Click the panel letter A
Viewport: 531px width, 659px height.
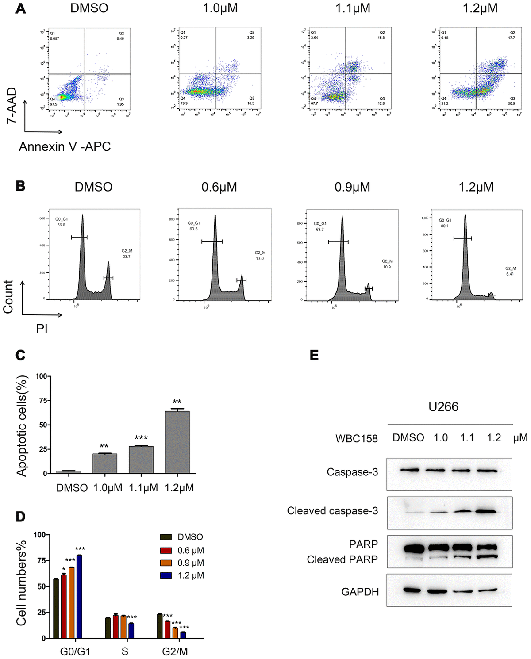pos(20,8)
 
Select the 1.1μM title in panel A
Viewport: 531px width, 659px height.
pos(352,8)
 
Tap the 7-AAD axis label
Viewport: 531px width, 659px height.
pos(12,105)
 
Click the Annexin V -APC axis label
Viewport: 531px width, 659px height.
pos(65,147)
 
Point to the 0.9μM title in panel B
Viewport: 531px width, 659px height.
pos(352,187)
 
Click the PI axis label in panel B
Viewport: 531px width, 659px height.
pos(42,329)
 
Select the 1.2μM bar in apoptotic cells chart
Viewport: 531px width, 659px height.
pos(177,442)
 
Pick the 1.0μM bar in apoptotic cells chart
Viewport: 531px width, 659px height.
pos(105,464)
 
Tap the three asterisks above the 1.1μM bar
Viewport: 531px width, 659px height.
pos(141,439)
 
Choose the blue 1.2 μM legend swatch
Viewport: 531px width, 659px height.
pos(166,575)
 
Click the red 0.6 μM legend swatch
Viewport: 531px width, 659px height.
pos(166,550)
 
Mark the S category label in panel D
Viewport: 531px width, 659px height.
pos(125,651)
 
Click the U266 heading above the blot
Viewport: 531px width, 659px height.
pos(443,407)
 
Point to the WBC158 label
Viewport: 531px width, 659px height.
pos(357,438)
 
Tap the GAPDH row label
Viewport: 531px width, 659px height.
pos(360,592)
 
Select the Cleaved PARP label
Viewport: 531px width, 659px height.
pos(342,559)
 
